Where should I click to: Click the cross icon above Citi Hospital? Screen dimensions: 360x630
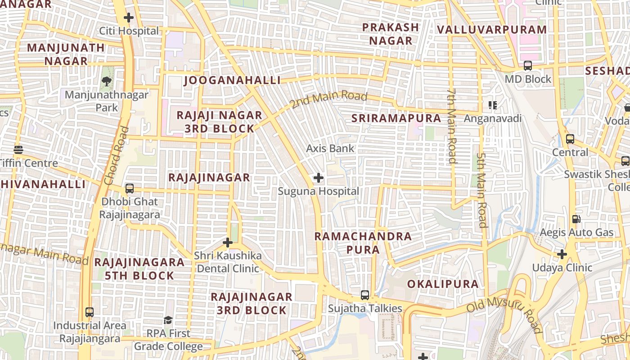point(129,18)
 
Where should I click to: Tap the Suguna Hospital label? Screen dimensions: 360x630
point(318,191)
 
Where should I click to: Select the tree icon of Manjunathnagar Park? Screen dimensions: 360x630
point(107,81)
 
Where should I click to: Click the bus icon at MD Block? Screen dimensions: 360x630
point(528,66)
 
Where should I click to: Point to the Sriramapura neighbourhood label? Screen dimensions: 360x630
point(396,118)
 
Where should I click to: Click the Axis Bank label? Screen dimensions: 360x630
point(330,148)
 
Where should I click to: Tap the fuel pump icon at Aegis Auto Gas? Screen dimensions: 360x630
point(576,219)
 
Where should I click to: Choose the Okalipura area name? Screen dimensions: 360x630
point(443,284)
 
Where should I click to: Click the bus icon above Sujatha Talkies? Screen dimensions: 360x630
point(365,295)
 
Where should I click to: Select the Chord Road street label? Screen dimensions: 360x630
point(116,156)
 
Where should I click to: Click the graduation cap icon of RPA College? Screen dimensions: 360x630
point(168,320)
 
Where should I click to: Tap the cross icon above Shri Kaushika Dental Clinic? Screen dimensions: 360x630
point(228,243)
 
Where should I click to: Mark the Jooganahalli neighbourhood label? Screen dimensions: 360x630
point(232,81)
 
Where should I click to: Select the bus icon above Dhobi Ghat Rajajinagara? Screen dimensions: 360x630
point(130,188)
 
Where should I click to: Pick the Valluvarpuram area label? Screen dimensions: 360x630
point(491,30)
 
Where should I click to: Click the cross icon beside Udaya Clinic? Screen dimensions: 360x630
point(562,254)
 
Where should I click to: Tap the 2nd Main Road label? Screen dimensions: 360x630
point(328,100)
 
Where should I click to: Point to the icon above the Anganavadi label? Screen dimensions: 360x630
point(493,105)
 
